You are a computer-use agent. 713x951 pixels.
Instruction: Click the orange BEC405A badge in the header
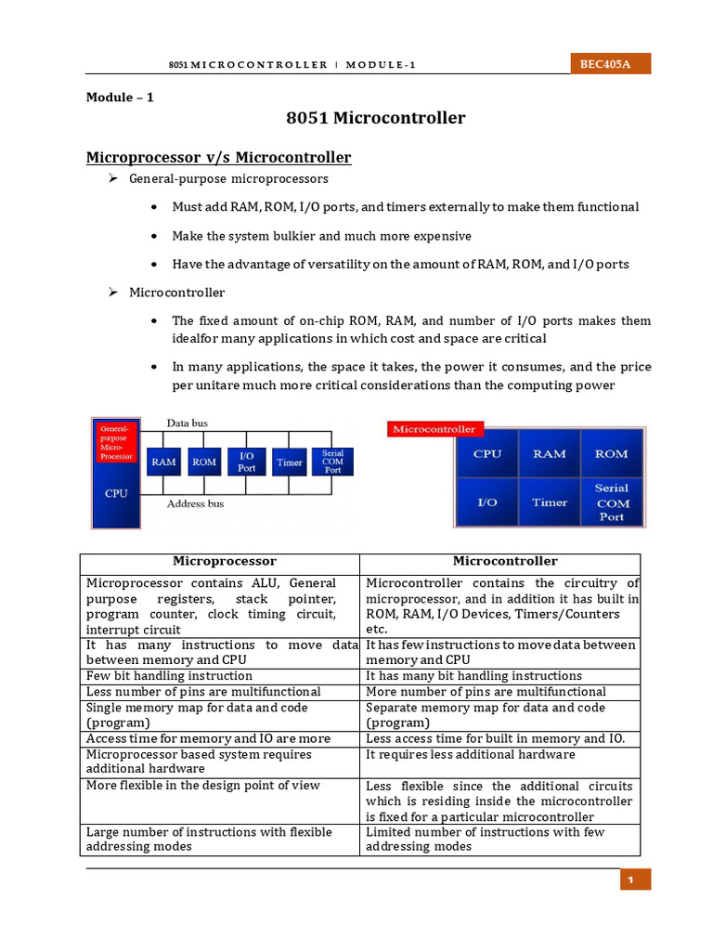point(610,64)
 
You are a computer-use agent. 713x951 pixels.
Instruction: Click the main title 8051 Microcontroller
point(376,118)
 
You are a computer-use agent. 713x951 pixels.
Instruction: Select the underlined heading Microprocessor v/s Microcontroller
point(218,158)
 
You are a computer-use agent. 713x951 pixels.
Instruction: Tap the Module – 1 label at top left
point(120,97)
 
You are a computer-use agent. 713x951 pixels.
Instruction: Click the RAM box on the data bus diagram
point(163,462)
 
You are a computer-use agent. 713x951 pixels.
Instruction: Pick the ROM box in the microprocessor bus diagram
point(204,462)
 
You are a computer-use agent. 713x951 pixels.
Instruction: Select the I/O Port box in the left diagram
point(246,462)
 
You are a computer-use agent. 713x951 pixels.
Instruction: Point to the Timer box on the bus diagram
point(290,462)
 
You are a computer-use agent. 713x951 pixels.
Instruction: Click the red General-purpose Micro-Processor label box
point(115,442)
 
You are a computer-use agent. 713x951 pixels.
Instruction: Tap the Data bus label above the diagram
point(187,423)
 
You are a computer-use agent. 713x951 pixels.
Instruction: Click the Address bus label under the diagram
point(194,504)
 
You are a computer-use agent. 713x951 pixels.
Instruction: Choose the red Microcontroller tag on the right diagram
point(434,429)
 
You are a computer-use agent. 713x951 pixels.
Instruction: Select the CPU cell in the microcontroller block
point(486,454)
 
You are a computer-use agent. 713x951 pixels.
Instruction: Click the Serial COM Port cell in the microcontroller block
point(612,502)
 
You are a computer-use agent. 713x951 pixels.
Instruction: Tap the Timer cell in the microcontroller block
point(550,502)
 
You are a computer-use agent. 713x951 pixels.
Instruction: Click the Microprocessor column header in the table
point(219,562)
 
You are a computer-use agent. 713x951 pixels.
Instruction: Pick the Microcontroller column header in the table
point(499,562)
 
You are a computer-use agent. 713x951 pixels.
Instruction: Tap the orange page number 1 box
point(636,879)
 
